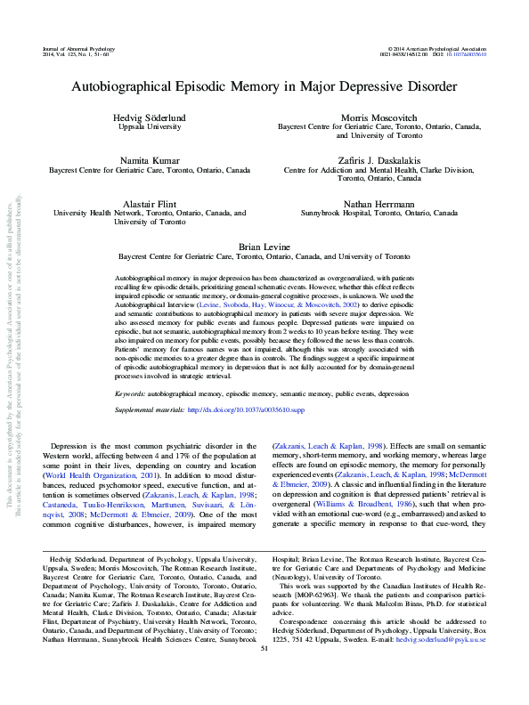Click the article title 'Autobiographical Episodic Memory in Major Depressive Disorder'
coord(264,89)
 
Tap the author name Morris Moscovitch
coord(378,118)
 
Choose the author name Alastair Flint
coord(150,203)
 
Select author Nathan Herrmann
coord(378,203)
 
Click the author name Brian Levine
coord(264,244)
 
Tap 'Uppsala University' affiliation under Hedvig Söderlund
coord(150,128)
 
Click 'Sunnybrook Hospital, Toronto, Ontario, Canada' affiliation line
coord(378,214)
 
